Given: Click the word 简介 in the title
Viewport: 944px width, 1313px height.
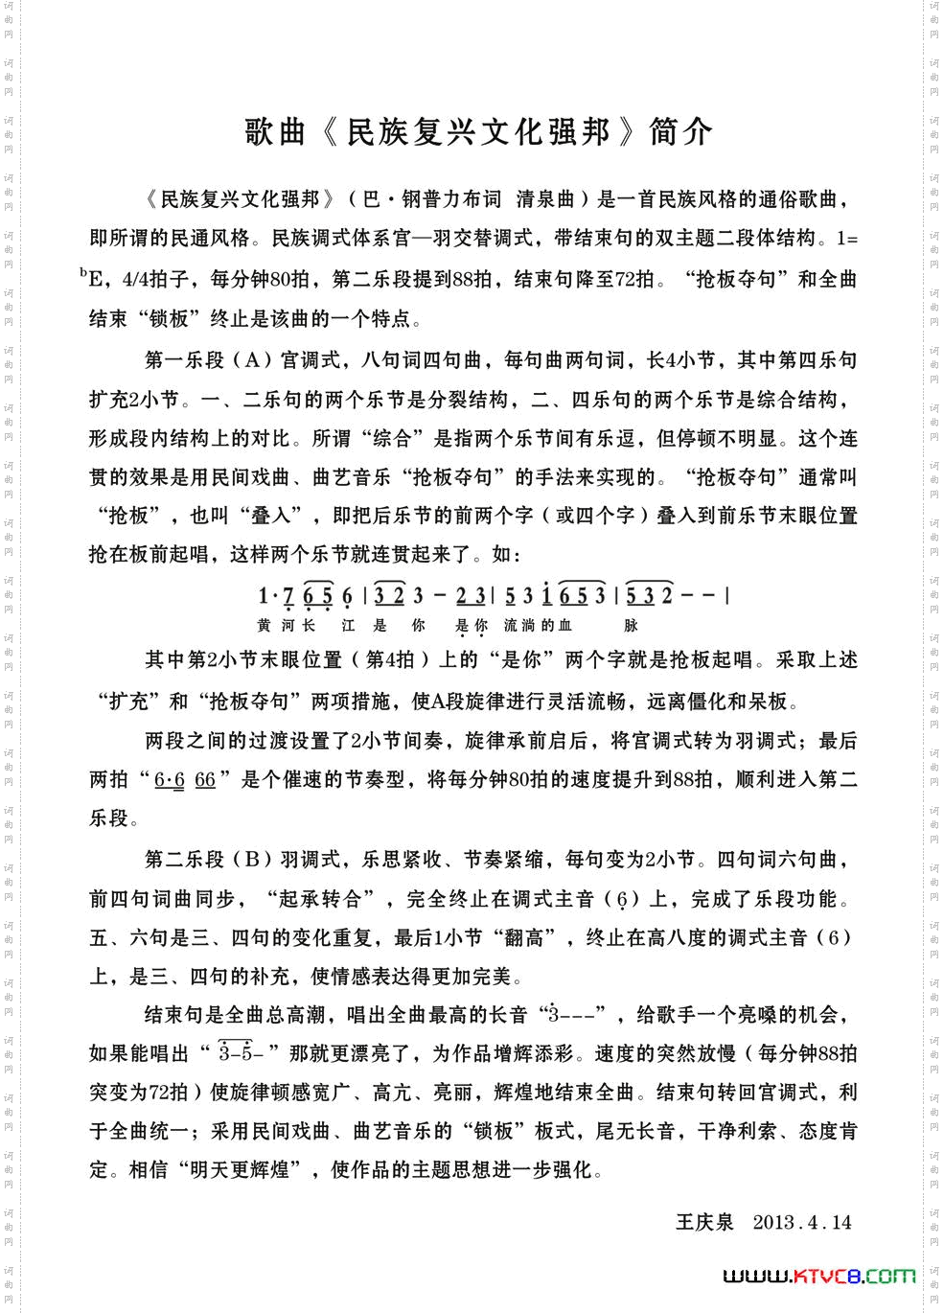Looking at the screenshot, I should [x=680, y=132].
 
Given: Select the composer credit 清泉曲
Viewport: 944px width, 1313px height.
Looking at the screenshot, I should [x=545, y=199].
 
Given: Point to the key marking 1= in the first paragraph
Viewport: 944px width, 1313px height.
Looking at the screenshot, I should [x=847, y=239].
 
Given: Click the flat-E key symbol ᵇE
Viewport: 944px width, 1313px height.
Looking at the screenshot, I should [x=93, y=279].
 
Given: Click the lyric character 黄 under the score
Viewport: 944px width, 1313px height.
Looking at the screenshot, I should [x=265, y=626].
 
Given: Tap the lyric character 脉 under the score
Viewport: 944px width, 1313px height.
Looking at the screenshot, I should [x=631, y=626].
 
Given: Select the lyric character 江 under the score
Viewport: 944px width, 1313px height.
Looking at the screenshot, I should [x=348, y=626].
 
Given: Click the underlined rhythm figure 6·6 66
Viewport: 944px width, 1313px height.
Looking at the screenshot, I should [x=185, y=780].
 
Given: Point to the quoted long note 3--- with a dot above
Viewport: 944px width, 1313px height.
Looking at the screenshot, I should [x=573, y=1014].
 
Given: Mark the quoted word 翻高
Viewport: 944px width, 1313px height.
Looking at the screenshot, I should [x=524, y=937].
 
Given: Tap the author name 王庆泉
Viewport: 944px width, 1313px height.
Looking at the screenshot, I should [x=704, y=1222].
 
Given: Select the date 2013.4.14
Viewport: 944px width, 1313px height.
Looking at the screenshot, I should [x=802, y=1222].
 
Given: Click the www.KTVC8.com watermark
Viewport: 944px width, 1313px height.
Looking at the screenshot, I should [x=818, y=1276].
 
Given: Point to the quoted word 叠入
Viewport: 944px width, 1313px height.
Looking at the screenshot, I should [x=271, y=516].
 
